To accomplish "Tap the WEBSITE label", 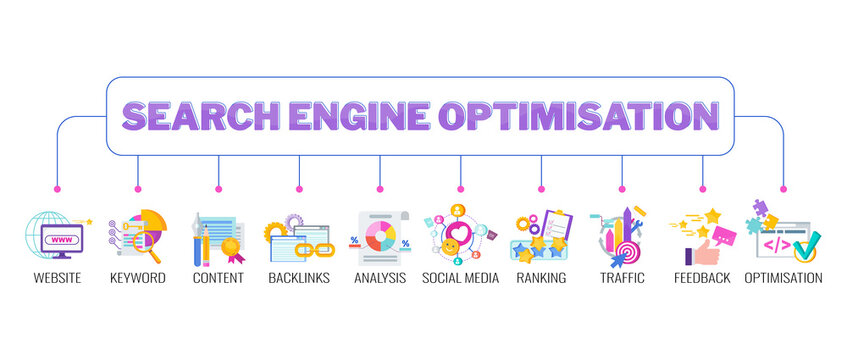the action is point(57,277).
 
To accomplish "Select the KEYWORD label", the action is point(137,277).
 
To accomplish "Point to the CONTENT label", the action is point(218,277).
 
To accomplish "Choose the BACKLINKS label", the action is point(298,277).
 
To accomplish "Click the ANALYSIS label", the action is point(380,277).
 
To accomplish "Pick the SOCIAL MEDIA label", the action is point(460,277).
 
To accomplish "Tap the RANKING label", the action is point(541,277).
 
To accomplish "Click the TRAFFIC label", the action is point(622,277).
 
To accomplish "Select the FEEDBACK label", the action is point(702,277).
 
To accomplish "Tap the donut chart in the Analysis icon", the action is point(380,237).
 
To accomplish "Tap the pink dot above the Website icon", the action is point(57,189).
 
